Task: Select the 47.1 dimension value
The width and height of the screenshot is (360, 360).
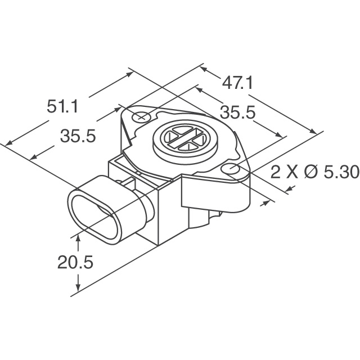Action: [237, 83]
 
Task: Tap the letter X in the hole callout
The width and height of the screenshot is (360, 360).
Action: [291, 172]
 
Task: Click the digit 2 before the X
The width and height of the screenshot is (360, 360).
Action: [275, 172]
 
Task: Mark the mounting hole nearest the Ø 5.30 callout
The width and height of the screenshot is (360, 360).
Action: [230, 168]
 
